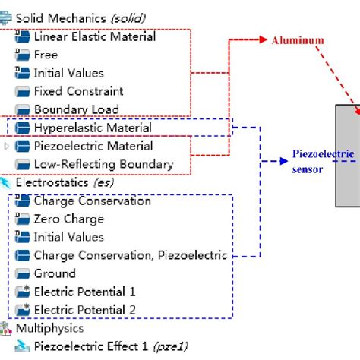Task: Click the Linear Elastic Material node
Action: (94, 36)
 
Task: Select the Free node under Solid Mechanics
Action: (46, 55)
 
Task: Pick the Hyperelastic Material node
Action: (93, 128)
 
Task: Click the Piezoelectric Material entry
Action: (93, 146)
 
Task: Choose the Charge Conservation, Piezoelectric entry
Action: (130, 255)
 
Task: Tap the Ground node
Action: (55, 273)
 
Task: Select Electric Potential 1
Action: (85, 292)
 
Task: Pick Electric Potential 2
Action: (85, 310)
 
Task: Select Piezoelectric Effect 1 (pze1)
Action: (110, 347)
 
